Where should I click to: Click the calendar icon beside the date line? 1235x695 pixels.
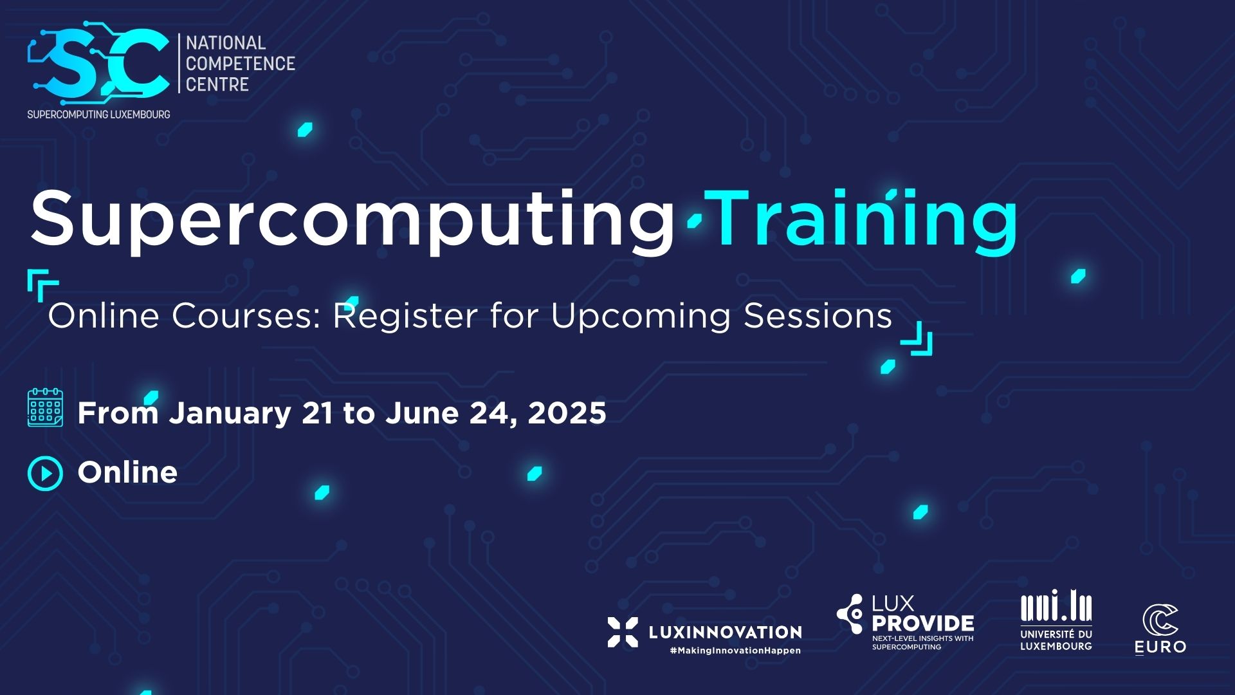pos(45,407)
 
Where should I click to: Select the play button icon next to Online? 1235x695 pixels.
pos(45,474)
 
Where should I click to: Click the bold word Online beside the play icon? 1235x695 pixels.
pos(127,472)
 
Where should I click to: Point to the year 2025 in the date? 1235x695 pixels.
pos(567,413)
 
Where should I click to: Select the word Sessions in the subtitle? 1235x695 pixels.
pos(818,316)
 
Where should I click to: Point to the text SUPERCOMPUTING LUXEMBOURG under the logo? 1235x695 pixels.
pos(98,115)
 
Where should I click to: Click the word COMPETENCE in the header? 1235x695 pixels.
pos(240,64)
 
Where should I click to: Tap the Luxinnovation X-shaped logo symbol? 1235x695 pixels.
pos(623,632)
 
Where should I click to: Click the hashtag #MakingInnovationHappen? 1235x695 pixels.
pos(735,651)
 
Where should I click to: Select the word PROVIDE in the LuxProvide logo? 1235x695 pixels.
pos(922,623)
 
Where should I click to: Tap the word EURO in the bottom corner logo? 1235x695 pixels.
pos(1160,646)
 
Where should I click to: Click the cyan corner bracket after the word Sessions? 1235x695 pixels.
pos(919,340)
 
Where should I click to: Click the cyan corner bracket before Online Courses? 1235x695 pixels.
pos(42,284)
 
